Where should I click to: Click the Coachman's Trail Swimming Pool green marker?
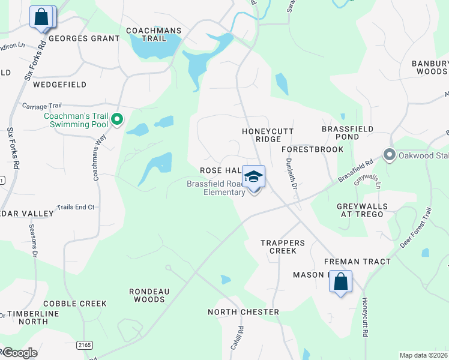pos(118,121)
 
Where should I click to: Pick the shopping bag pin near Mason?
pos(340,281)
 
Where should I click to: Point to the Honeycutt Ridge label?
pos(261,135)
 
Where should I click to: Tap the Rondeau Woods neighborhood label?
pos(147,295)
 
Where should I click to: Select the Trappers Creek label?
pos(283,247)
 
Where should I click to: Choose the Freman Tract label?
pos(357,262)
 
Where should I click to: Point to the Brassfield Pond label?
pos(348,133)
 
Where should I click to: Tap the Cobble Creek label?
pos(74,304)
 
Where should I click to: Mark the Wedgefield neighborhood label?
pos(59,85)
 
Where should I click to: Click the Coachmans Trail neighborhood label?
pos(145,34)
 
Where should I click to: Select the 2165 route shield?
pos(84,344)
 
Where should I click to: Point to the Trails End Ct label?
pos(76,207)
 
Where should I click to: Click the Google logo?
pos(19,353)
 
